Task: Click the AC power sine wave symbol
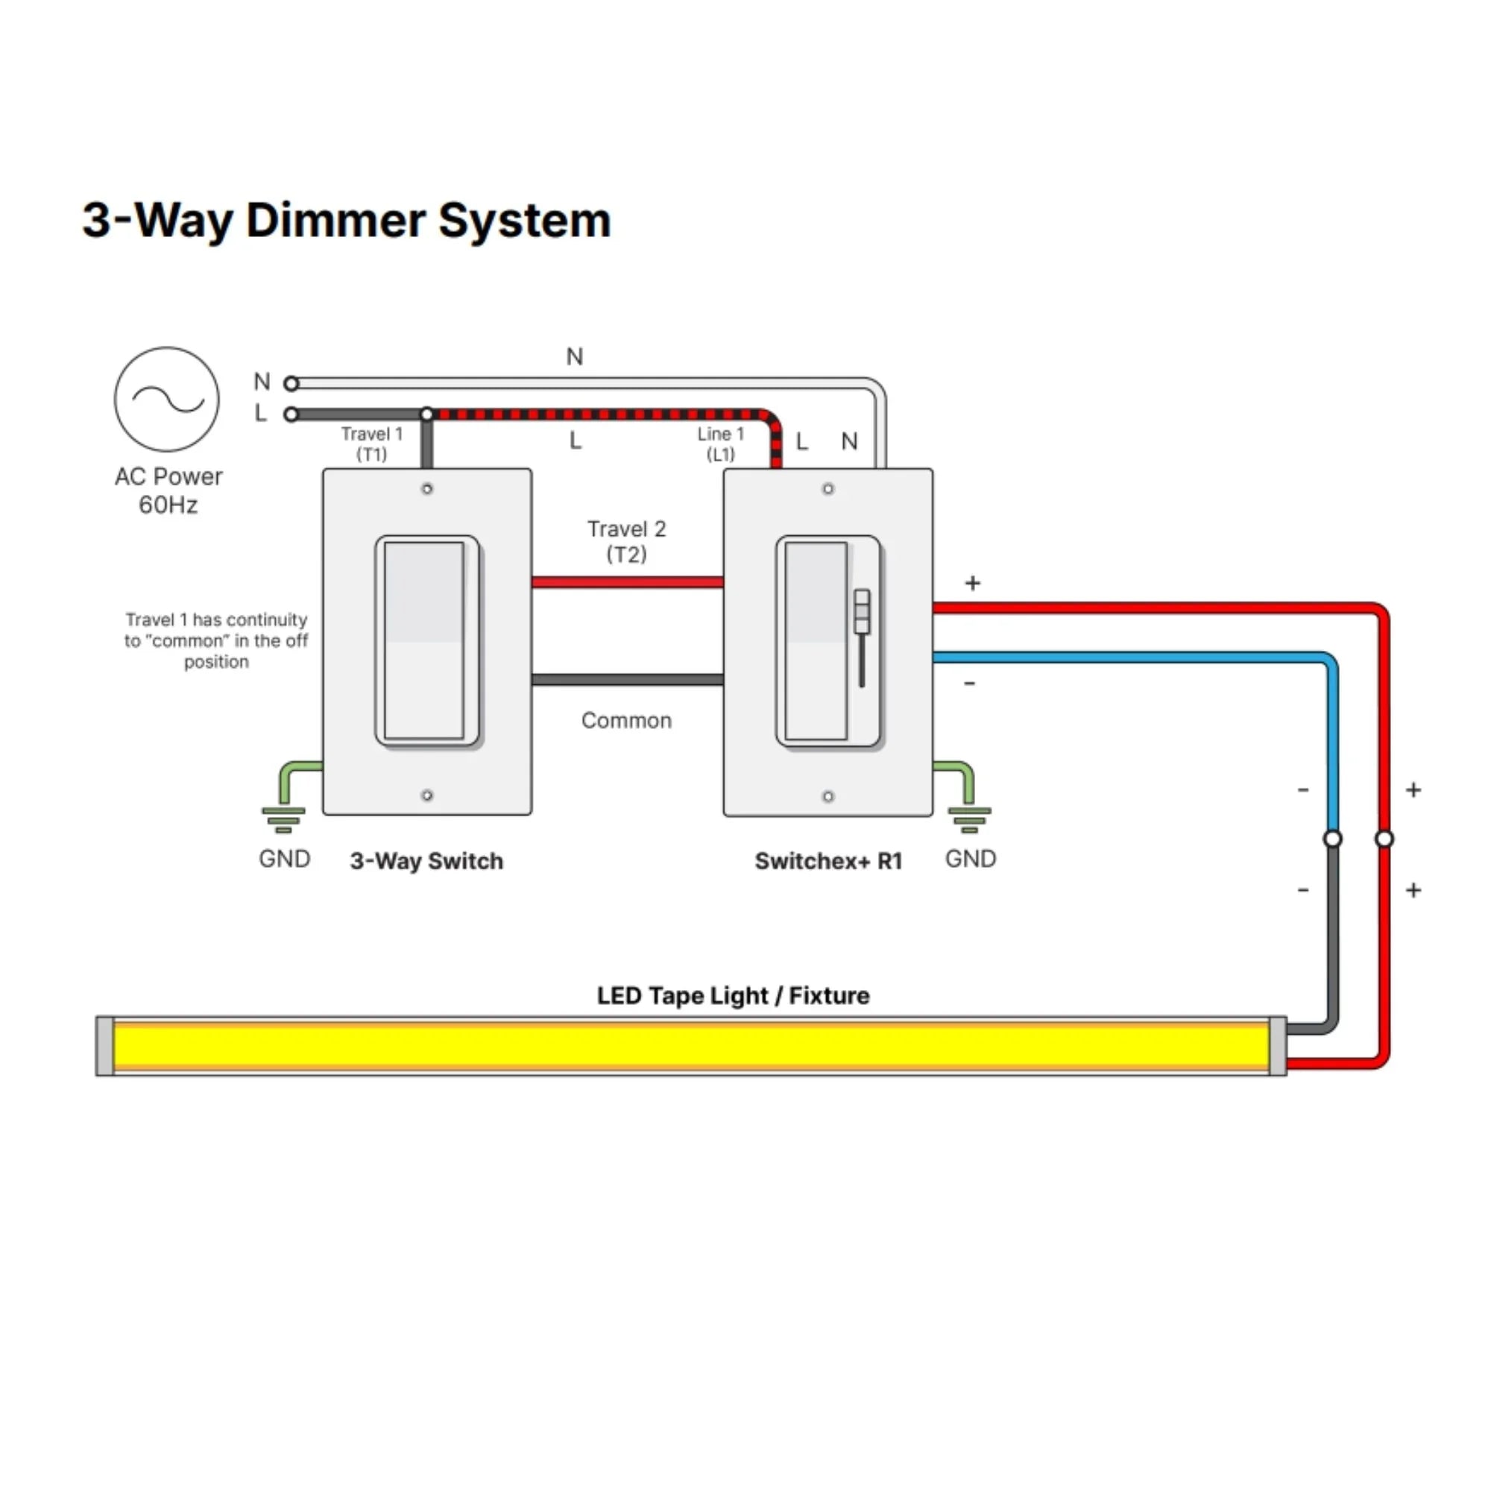167,399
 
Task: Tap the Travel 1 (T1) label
371,444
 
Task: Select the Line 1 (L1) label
720,444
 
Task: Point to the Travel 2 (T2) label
626,541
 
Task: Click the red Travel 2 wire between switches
627,582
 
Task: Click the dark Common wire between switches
627,680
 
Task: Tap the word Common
626,720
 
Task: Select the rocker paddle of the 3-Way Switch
425,640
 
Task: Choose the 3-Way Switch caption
426,860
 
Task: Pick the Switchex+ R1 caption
828,860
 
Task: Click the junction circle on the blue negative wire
1332,838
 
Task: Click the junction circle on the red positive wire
1384,838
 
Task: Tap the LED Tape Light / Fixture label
732,995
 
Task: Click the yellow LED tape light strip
691,1046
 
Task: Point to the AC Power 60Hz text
168,490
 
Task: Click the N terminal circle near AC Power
291,382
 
